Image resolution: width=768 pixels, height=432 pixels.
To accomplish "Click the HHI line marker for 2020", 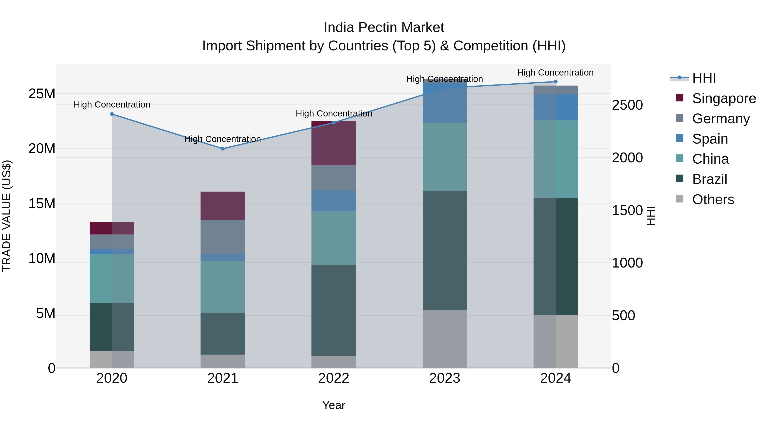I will click(112, 114).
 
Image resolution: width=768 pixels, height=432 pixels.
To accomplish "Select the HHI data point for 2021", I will click(223, 149).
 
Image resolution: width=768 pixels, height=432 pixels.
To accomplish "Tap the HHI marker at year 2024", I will click(556, 82).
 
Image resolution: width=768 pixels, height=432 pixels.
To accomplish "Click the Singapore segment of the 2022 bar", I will click(334, 143).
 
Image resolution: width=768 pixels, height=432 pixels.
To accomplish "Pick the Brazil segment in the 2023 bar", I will click(445, 251).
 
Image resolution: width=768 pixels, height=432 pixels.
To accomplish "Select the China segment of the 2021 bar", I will click(223, 287).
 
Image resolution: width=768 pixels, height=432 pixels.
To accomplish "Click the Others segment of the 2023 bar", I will click(445, 339).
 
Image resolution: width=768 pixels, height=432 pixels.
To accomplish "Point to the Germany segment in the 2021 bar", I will click(223, 237).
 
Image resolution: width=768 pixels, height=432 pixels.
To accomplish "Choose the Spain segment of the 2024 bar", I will click(556, 107).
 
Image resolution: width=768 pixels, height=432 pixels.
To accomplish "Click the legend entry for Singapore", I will click(724, 98).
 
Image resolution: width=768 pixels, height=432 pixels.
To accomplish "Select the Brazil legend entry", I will click(709, 179).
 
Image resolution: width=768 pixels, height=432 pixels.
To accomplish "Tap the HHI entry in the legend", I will click(704, 78).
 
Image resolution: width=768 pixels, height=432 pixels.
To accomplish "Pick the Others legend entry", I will click(713, 199).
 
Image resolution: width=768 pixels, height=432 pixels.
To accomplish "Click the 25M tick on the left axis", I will click(42, 94).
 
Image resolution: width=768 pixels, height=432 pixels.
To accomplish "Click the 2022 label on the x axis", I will click(334, 378).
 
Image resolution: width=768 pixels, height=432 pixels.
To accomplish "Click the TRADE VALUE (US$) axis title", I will click(7, 216).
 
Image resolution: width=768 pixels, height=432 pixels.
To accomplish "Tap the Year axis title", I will click(334, 405).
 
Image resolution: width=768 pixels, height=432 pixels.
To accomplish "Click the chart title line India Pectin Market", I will click(384, 28).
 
